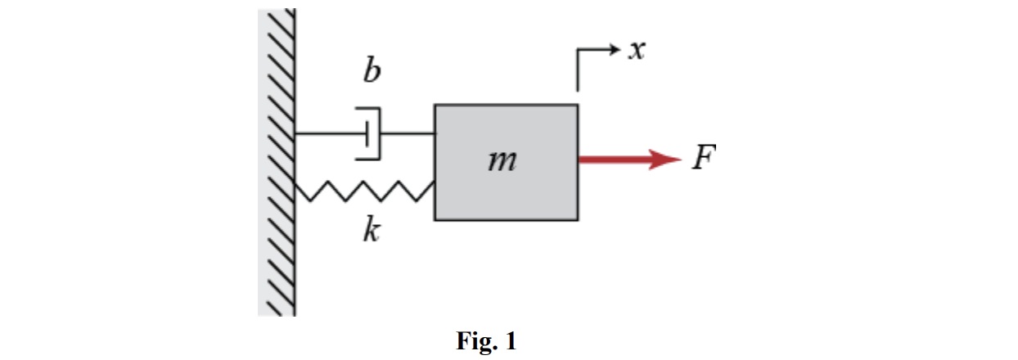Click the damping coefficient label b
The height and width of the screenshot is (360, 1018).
tap(372, 72)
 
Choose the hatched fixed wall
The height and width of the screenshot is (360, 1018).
tap(277, 164)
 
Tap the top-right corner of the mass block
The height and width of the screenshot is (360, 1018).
tap(578, 105)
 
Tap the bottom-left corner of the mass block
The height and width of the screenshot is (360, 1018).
tap(435, 219)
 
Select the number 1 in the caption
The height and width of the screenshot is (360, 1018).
tap(511, 341)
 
